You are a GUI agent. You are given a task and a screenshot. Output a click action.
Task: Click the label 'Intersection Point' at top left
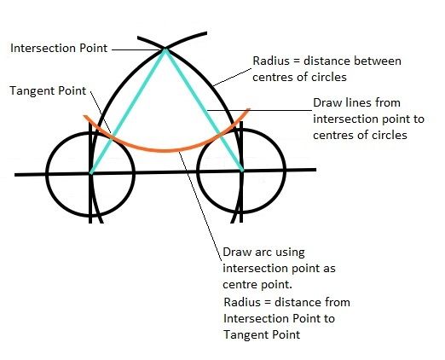(x=59, y=48)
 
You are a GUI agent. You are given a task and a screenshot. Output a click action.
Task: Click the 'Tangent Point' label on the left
(x=48, y=90)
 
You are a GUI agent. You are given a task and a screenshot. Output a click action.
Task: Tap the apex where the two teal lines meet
(x=165, y=50)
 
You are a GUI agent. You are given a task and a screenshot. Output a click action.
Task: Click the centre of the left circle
(x=90, y=172)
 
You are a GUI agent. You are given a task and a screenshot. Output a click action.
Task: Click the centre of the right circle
(x=241, y=171)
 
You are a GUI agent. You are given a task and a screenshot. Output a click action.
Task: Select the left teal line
(x=128, y=111)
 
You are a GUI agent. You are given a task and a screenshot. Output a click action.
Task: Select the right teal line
(x=204, y=110)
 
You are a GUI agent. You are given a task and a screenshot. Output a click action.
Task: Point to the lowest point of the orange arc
(x=166, y=151)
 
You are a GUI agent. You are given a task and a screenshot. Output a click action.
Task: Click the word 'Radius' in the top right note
(x=271, y=61)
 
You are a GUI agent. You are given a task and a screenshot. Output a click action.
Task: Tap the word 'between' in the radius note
(x=377, y=61)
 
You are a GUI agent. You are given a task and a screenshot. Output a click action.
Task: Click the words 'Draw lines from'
(x=356, y=102)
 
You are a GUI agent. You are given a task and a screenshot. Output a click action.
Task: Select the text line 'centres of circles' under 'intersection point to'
(x=360, y=135)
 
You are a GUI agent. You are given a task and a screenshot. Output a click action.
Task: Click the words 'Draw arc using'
(x=263, y=253)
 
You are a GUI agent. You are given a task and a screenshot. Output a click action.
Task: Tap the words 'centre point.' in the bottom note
(x=257, y=284)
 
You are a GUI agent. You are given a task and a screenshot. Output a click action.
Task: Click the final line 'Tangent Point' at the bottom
(x=262, y=334)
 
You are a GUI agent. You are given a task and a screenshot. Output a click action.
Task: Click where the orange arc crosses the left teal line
(x=112, y=138)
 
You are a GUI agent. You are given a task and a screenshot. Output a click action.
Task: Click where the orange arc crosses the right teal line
(x=221, y=133)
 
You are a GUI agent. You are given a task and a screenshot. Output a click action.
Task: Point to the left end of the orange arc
(x=84, y=116)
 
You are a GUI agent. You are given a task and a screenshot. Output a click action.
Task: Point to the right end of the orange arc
(x=249, y=109)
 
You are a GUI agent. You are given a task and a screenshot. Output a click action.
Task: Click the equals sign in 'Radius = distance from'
(x=268, y=303)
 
